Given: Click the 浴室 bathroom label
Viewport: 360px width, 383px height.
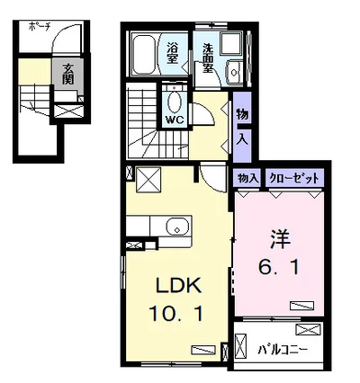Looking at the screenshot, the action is point(172,53).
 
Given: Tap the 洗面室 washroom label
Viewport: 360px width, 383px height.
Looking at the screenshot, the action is point(207,58).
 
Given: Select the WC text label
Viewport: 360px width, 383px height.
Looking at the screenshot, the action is point(175,120).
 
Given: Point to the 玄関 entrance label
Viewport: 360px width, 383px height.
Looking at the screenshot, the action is point(68,74).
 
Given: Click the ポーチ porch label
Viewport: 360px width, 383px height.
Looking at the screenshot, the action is point(40,27).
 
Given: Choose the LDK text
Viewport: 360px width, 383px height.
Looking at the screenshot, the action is point(177,286).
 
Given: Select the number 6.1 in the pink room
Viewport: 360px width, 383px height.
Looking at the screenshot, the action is point(279,268).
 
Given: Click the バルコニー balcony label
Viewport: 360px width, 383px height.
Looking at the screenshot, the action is point(283,350).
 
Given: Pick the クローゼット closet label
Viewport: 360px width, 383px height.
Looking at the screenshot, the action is point(294,178).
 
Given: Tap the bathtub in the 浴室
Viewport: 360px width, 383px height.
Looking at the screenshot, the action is point(144,55).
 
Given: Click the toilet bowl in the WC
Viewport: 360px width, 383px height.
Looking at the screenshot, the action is point(175,102).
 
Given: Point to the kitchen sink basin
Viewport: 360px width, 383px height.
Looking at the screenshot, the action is point(177,227).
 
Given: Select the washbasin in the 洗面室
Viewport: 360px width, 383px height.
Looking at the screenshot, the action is point(234,72).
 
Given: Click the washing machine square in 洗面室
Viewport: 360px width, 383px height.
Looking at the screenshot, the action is point(231,43).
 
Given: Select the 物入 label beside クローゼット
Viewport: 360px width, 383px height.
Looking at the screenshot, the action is point(247,179).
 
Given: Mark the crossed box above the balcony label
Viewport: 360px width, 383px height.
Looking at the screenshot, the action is point(308,329).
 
